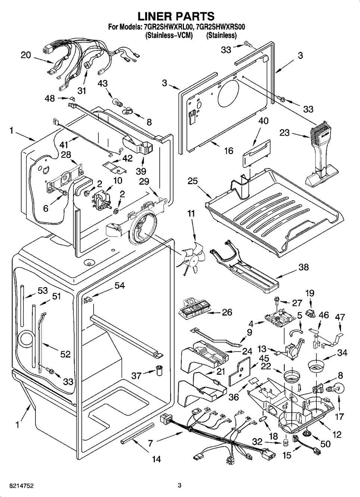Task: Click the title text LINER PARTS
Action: [x=176, y=16]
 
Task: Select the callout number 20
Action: [x=26, y=55]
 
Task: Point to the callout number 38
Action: [x=304, y=267]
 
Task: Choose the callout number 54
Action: [x=119, y=286]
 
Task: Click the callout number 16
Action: [x=228, y=150]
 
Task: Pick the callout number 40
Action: [x=263, y=121]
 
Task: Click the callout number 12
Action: [x=336, y=434]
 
